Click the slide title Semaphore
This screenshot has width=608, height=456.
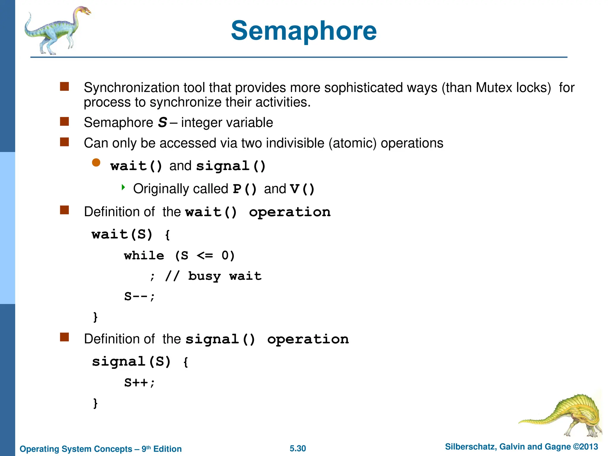304,31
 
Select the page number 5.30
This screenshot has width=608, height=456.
297,448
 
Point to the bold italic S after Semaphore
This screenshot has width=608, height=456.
162,123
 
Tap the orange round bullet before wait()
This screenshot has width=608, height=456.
96,162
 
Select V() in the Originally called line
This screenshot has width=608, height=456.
302,189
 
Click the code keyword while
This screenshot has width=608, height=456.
144,256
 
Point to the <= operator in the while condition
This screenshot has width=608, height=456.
205,256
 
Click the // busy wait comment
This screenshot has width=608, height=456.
213,276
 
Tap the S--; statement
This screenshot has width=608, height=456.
139,296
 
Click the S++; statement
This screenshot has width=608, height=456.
139,383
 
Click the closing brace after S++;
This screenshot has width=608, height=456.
95,403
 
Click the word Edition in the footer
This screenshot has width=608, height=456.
167,449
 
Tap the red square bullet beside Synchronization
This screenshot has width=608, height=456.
64,86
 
